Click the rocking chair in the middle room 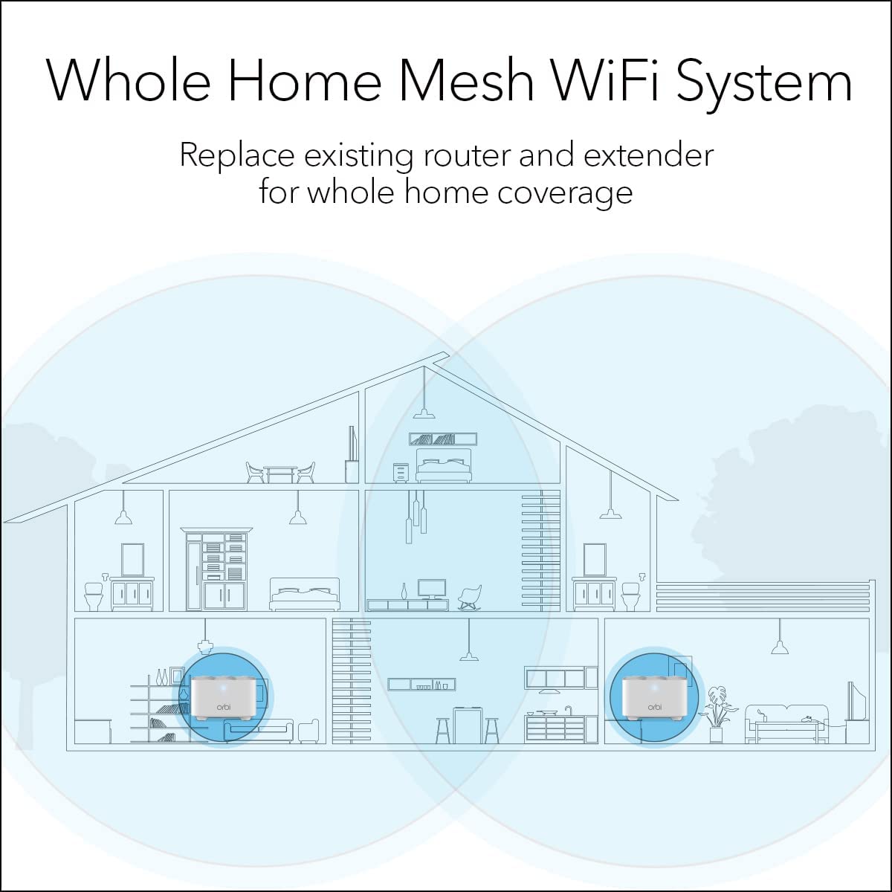470,596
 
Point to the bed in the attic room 444,467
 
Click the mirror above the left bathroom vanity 132,559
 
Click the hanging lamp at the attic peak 425,413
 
